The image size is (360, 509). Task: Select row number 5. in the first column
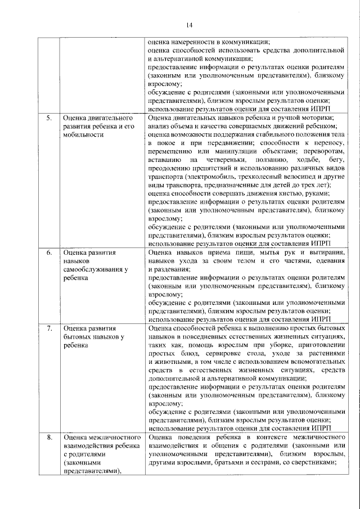(x=49, y=119)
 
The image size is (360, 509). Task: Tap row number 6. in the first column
(x=49, y=253)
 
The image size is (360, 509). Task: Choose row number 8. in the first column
(x=49, y=437)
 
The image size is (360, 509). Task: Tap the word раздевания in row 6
(x=172, y=270)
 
